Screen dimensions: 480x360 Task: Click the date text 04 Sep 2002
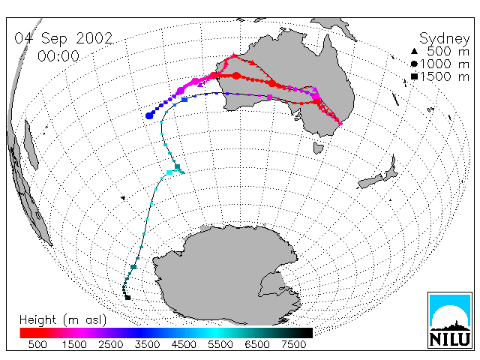[64, 39]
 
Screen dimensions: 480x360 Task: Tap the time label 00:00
[58, 56]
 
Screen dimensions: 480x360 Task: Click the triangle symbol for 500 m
[414, 51]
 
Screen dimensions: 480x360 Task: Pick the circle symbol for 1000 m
[414, 64]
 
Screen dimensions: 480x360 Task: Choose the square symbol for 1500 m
[414, 76]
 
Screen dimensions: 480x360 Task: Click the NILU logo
[450, 320]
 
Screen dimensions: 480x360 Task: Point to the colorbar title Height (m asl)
[63, 320]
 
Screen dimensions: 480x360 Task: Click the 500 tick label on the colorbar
[37, 344]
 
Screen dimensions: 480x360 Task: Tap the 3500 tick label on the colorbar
[147, 344]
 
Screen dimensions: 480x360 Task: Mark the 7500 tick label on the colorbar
[293, 344]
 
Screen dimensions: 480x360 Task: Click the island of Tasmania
[318, 148]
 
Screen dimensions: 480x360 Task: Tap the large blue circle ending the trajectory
[149, 115]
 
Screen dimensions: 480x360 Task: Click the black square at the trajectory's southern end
[128, 298]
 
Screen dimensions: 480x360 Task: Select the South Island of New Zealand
[370, 181]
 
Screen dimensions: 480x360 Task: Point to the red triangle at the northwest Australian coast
[234, 55]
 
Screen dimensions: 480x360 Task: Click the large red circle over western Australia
[236, 76]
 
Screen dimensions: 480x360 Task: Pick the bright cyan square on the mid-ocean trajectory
[169, 172]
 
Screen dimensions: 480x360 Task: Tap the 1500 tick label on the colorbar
[74, 344]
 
